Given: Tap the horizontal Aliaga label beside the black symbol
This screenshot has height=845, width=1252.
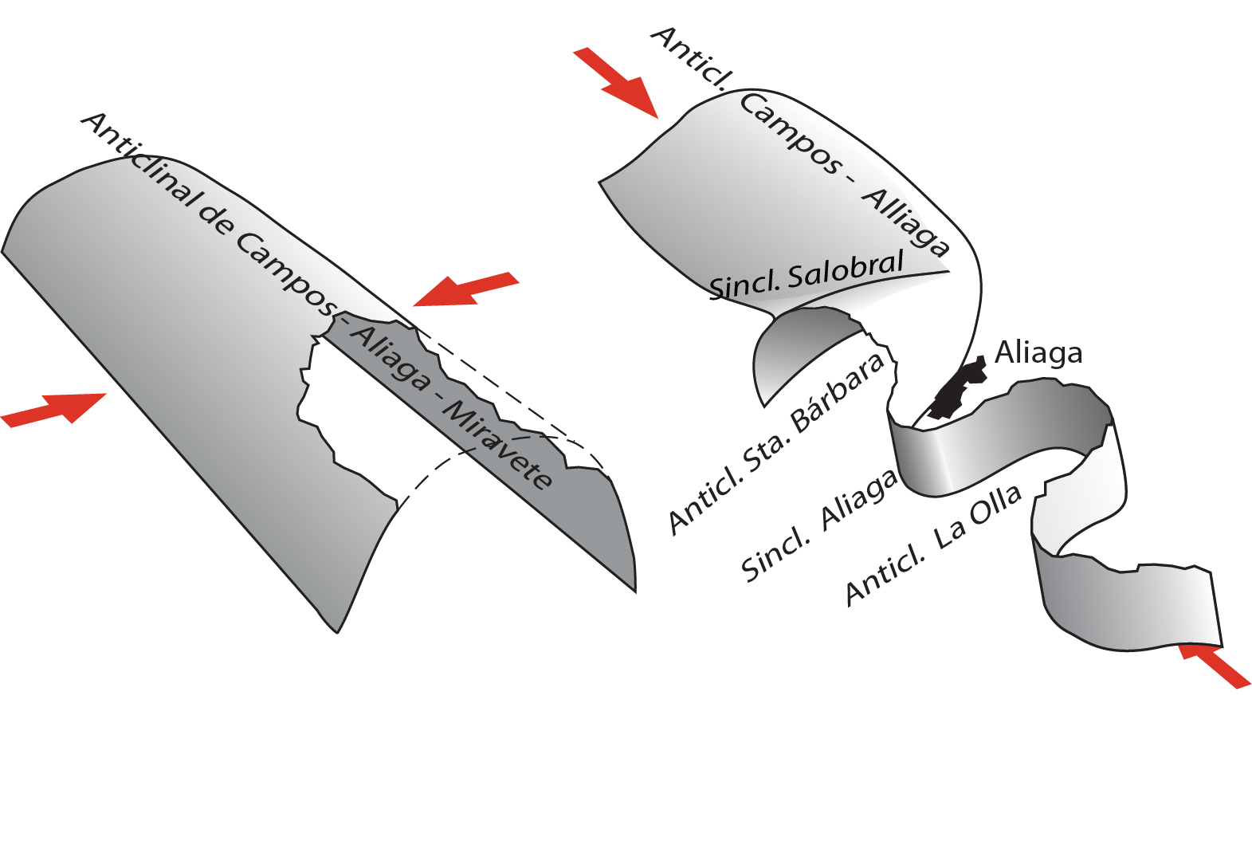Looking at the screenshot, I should point(1038,352).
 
